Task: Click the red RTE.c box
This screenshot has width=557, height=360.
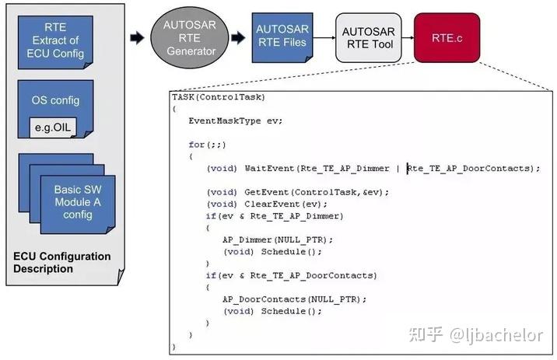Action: (x=447, y=37)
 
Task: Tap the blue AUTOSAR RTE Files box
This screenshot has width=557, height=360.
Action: (x=282, y=37)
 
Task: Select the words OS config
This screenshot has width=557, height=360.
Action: (x=55, y=100)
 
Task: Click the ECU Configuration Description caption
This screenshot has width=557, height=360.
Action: (x=61, y=262)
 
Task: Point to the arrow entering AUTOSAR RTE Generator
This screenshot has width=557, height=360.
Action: (x=137, y=37)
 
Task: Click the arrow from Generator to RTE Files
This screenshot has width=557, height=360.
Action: (x=238, y=37)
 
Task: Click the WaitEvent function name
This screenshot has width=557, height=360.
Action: (x=269, y=168)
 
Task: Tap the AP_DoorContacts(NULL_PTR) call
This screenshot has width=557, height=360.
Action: (x=294, y=299)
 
